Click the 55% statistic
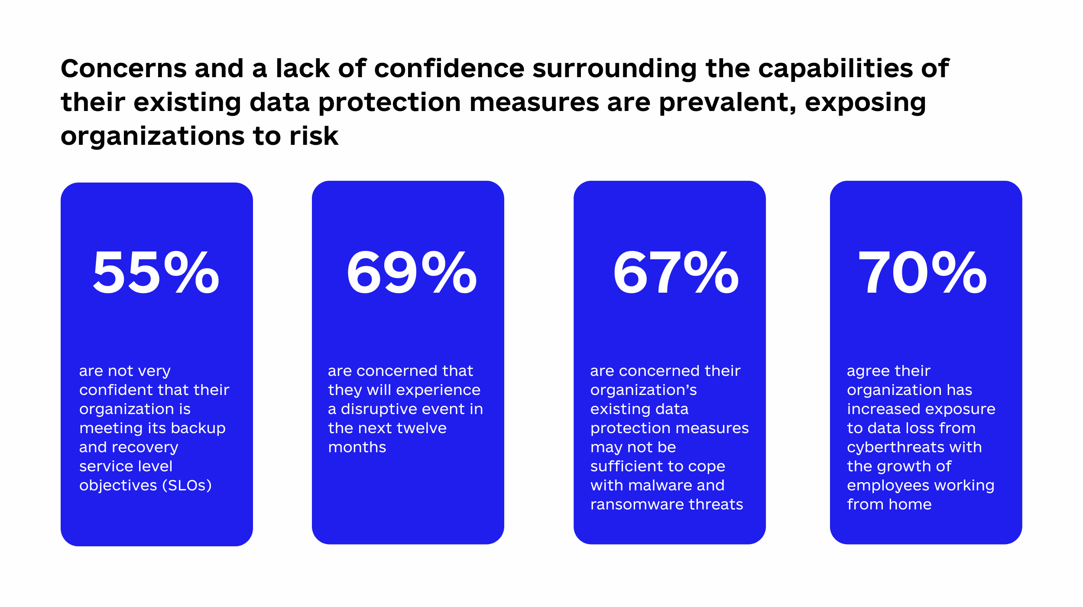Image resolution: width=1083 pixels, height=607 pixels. (x=156, y=273)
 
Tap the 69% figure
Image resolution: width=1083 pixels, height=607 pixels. (x=412, y=273)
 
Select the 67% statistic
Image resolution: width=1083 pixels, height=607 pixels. (x=676, y=273)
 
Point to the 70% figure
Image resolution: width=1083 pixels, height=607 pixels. (x=923, y=273)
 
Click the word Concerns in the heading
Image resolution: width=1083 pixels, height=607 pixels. (x=124, y=69)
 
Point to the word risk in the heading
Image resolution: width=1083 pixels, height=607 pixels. (x=314, y=136)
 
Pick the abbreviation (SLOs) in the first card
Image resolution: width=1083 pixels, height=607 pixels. (x=187, y=485)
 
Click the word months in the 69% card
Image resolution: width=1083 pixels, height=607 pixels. (x=357, y=447)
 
